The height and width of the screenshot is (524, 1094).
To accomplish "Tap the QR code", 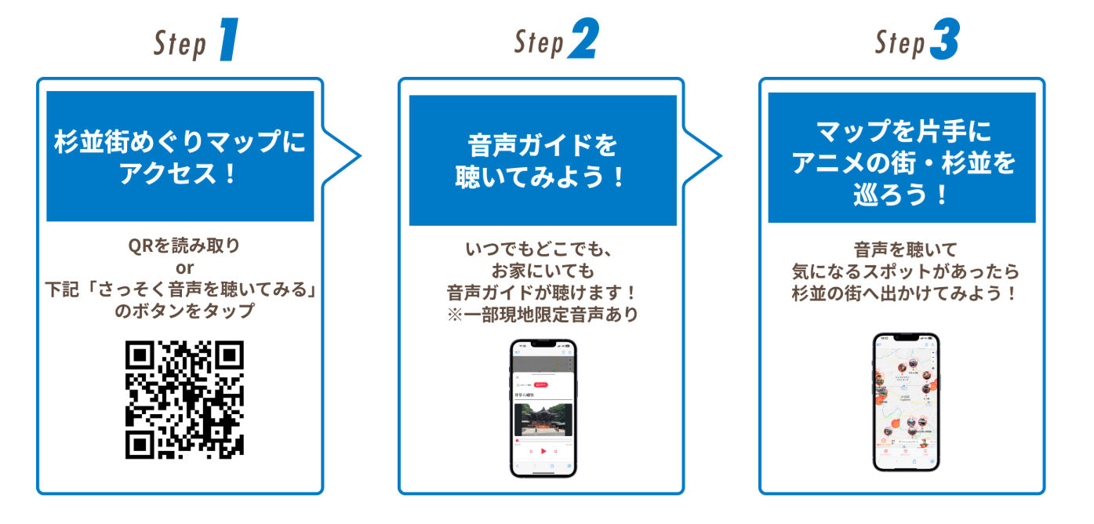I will coord(184,400).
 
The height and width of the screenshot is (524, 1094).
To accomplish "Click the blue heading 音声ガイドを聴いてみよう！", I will coord(543,161).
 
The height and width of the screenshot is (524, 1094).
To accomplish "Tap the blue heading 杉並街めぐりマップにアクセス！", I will coord(180,157).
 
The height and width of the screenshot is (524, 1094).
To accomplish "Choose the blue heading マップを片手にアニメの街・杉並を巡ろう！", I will coord(902,162).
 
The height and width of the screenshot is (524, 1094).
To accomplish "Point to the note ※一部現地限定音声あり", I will coord(543,315).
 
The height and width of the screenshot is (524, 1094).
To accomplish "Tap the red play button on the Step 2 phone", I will coord(543,451).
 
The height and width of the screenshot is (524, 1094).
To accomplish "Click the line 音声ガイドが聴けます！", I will coord(543,293).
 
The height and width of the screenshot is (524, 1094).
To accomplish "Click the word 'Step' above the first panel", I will coord(180,45).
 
